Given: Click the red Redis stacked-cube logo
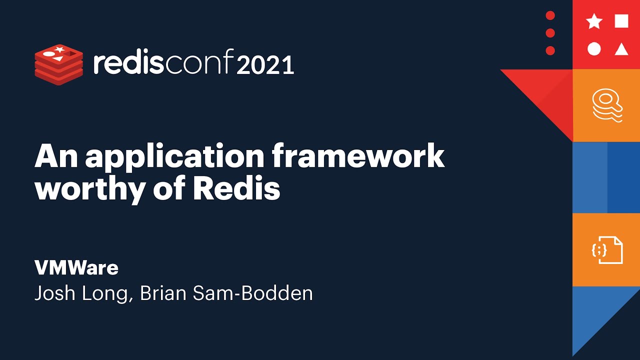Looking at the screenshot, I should click(58, 64).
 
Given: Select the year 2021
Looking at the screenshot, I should click(265, 65).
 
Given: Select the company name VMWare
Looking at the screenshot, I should click(76, 268).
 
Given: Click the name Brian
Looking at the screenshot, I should click(165, 293).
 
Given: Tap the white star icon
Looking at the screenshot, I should click(594, 21).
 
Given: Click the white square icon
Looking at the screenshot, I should click(621, 21).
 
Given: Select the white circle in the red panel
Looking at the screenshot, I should click(594, 49).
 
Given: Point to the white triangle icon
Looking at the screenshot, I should click(621, 49).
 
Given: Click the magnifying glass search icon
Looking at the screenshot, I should click(607, 104).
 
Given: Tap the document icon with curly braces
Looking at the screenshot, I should click(607, 249).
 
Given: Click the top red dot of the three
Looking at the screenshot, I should click(550, 15).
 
